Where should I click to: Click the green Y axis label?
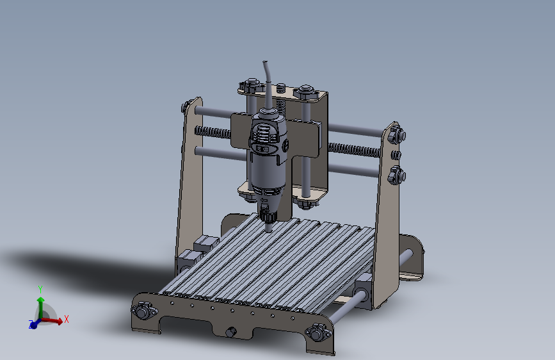click(x=40, y=290)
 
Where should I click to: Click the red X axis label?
click(x=66, y=319)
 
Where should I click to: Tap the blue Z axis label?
click(x=31, y=323)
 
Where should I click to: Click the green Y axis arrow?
click(x=41, y=308)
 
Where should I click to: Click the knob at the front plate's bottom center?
click(x=231, y=332)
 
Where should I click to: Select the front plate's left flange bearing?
click(x=143, y=311)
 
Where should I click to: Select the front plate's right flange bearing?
click(x=318, y=332)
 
